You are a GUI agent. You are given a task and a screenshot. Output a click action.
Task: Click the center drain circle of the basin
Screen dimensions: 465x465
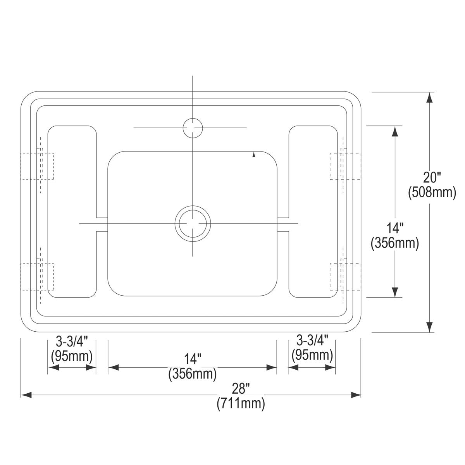[x=193, y=206]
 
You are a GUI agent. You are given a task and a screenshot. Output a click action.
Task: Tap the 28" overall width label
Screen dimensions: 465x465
[x=241, y=389]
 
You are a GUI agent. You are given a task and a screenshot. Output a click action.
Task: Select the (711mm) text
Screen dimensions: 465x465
[x=241, y=403]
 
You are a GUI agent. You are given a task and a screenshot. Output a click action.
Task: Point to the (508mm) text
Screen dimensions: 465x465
[x=432, y=193]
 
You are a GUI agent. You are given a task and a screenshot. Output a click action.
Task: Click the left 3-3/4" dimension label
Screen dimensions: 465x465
[x=72, y=341]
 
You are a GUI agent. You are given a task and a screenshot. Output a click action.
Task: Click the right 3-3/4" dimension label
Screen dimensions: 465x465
[x=312, y=341]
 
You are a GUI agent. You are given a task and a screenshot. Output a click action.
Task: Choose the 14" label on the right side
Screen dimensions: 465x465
[x=395, y=228]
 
